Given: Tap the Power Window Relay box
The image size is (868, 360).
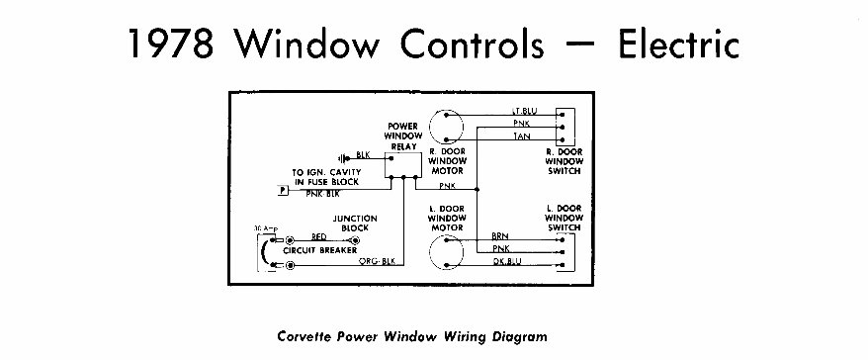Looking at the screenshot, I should (402, 165).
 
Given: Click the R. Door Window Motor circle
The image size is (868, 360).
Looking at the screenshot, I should (452, 125).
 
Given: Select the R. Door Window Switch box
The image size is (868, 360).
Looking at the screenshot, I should (565, 127).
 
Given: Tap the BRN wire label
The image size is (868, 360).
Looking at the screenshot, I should (500, 237).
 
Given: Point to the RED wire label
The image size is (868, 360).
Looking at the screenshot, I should (318, 237).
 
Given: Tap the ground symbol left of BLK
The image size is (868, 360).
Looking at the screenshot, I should (342, 157).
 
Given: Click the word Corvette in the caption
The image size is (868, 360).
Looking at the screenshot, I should (307, 334).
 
